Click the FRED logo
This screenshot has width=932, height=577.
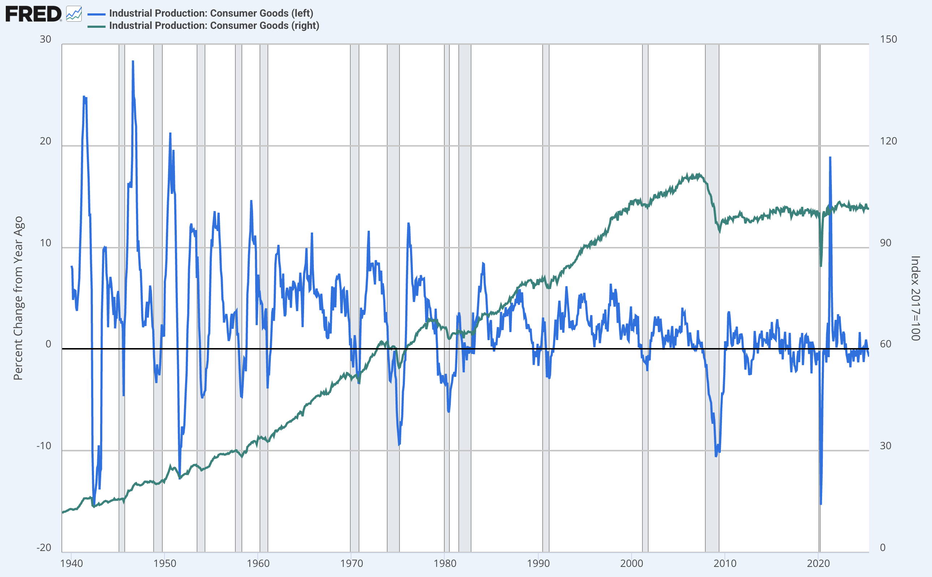coord(34,14)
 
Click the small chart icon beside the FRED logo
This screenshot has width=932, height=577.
coord(74,14)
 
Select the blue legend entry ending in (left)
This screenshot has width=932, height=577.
coord(211,13)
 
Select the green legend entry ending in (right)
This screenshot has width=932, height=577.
coord(214,26)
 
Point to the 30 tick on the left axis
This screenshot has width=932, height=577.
coord(46,39)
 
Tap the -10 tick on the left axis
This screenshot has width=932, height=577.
coord(44,446)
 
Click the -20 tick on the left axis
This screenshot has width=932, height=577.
coord(44,548)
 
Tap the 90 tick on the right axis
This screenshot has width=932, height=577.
coord(885,243)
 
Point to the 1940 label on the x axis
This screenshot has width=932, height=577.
coord(72,564)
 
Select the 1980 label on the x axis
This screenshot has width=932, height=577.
coord(445,564)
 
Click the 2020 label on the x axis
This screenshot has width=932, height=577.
coord(818,564)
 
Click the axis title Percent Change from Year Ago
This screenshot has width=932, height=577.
coord(18,298)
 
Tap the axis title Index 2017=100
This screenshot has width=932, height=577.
coord(915,298)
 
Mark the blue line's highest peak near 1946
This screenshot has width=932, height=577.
coord(133,61)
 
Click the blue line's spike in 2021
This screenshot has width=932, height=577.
coord(830,157)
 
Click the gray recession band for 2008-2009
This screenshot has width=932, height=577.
coord(712,298)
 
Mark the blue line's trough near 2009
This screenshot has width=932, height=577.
coord(716,456)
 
